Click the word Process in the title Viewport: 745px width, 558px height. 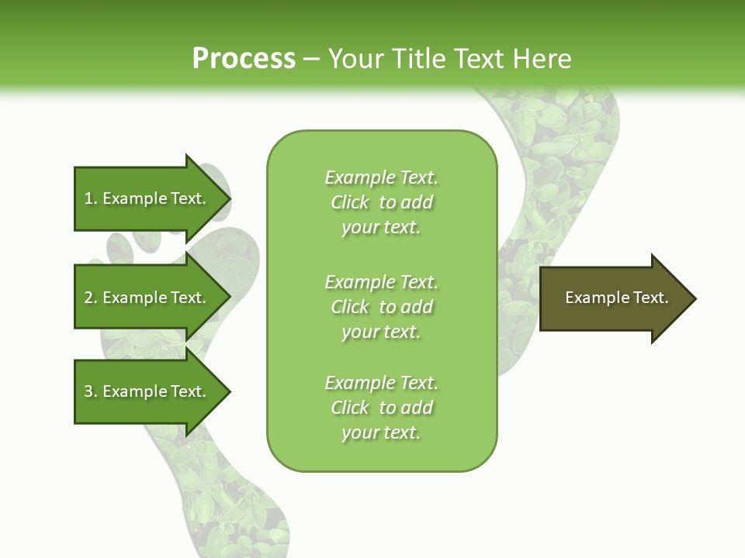coord(244,59)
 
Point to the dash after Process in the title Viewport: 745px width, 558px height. coord(311,60)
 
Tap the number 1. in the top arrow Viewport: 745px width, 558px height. coord(91,198)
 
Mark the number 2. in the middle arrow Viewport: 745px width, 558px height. coord(91,298)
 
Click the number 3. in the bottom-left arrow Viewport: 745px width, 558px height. coord(91,391)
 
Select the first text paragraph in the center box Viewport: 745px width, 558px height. coord(381,202)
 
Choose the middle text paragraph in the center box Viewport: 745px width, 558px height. coord(381,306)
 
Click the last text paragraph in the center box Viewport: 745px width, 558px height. coord(381,408)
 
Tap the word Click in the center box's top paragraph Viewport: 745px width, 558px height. coord(349,202)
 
